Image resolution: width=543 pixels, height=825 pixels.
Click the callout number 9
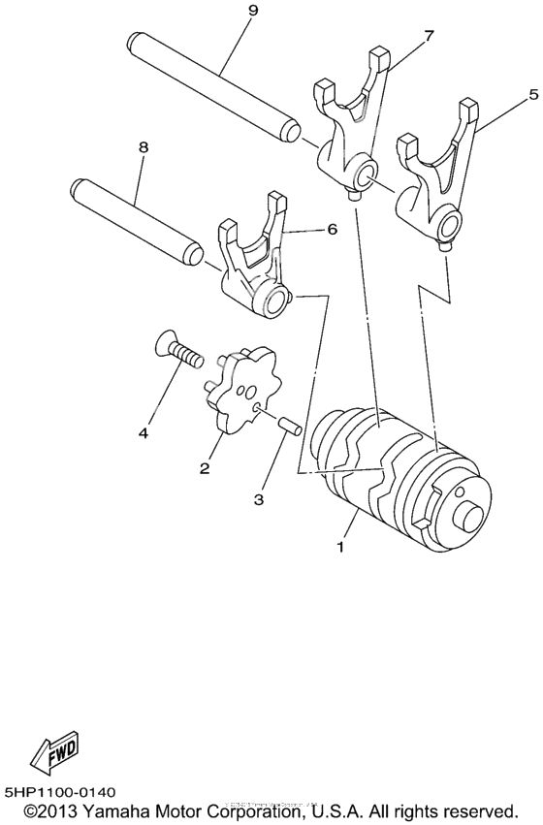(x=225, y=11)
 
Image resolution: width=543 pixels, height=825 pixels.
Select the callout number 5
(x=531, y=96)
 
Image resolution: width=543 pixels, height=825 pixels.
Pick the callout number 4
(x=143, y=433)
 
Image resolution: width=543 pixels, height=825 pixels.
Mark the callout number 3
(x=259, y=499)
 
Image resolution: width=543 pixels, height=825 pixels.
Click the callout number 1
(x=340, y=547)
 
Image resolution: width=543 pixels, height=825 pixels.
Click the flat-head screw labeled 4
(x=178, y=350)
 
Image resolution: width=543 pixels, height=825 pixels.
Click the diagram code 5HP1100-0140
(x=73, y=791)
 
